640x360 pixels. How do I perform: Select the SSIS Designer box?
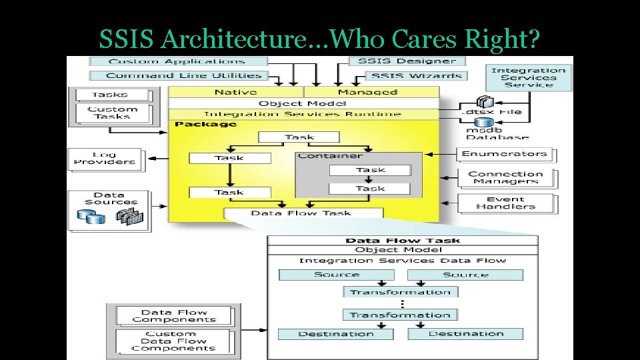[407, 61]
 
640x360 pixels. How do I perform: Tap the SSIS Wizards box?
[407, 75]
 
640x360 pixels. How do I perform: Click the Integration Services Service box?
[529, 77]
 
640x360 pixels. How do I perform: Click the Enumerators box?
[505, 154]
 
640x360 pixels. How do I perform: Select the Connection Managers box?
[505, 177]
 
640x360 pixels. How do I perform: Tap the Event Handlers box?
[505, 203]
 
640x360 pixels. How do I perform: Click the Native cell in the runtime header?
[236, 92]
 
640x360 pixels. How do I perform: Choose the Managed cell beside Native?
[367, 92]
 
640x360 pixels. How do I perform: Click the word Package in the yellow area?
[197, 124]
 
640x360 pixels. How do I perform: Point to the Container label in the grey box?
[330, 156]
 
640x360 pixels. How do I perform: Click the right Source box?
[465, 275]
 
